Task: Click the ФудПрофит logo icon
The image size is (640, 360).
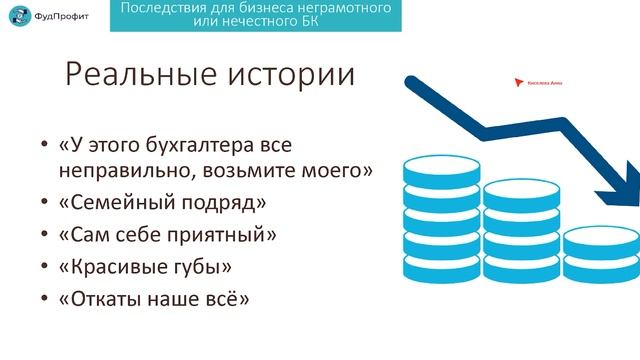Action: pyautogui.click(x=17, y=18)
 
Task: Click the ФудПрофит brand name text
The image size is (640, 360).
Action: pyautogui.click(x=60, y=18)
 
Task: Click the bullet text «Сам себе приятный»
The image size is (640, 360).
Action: pyautogui.click(x=167, y=235)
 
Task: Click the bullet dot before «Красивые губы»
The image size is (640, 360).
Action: pyautogui.click(x=43, y=268)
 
